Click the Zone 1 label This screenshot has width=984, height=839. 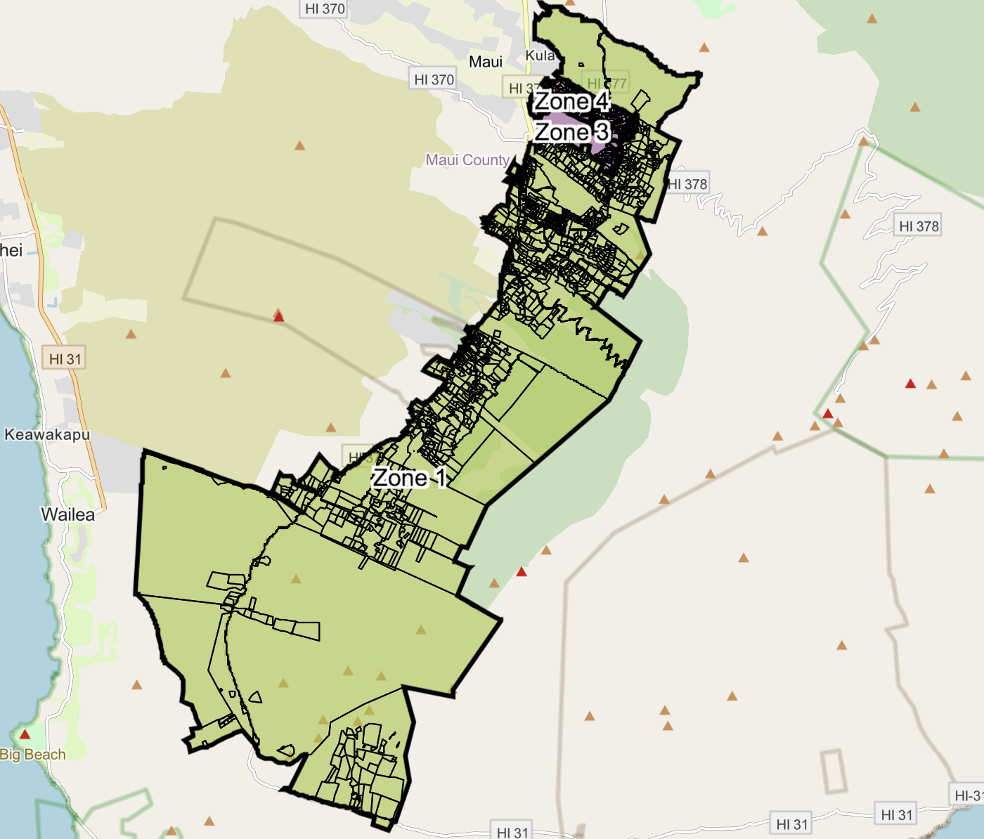coord(409,478)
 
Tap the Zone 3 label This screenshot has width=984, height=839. coord(571,131)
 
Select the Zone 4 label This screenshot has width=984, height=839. coord(571,101)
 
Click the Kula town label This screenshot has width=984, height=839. coord(540,56)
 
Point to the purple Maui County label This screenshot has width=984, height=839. coord(467,160)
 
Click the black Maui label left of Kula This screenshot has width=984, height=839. coord(485,62)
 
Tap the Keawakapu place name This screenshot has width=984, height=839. coord(47,434)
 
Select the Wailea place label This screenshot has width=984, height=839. coord(67,514)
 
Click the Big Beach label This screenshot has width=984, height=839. coord(33,755)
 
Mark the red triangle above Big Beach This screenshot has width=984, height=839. coord(25,734)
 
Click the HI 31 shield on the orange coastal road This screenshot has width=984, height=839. coord(65,359)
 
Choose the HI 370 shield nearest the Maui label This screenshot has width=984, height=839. coord(434,79)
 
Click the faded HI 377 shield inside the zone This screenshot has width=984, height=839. coord(607,83)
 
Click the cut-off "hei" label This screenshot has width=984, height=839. coord(11,250)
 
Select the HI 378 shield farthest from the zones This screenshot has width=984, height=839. coord(919,226)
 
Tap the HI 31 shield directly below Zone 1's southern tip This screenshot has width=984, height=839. coord(512,832)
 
